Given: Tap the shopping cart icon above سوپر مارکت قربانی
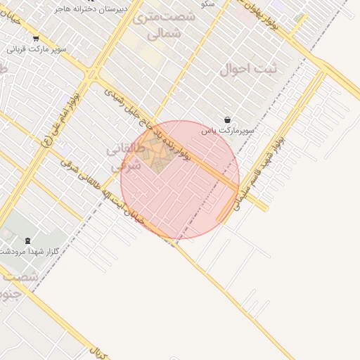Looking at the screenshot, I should click(x=35, y=39).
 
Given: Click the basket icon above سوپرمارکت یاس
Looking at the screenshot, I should click(x=227, y=120).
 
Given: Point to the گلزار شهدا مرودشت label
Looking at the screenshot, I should click(x=21, y=251).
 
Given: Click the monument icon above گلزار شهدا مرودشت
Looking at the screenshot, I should click(x=27, y=240).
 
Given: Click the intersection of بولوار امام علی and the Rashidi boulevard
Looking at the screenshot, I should click(x=93, y=74).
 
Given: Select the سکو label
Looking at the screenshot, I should click(x=207, y=4).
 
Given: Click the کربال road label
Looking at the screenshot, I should click(x=98, y=352).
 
